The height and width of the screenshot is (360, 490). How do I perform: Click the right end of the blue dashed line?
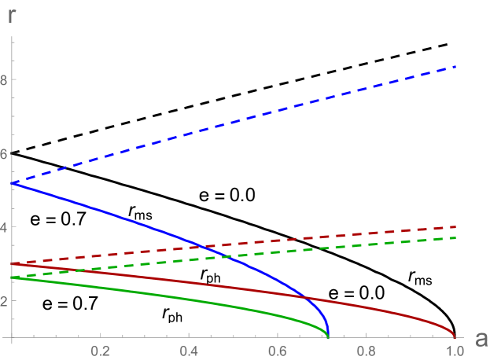(455, 67)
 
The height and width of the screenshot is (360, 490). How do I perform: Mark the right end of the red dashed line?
(455, 226)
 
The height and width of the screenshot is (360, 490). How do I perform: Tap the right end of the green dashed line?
(455, 237)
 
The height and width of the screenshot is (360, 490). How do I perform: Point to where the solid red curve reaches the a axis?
(455, 337)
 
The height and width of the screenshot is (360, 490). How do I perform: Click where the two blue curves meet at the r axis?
(13, 182)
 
